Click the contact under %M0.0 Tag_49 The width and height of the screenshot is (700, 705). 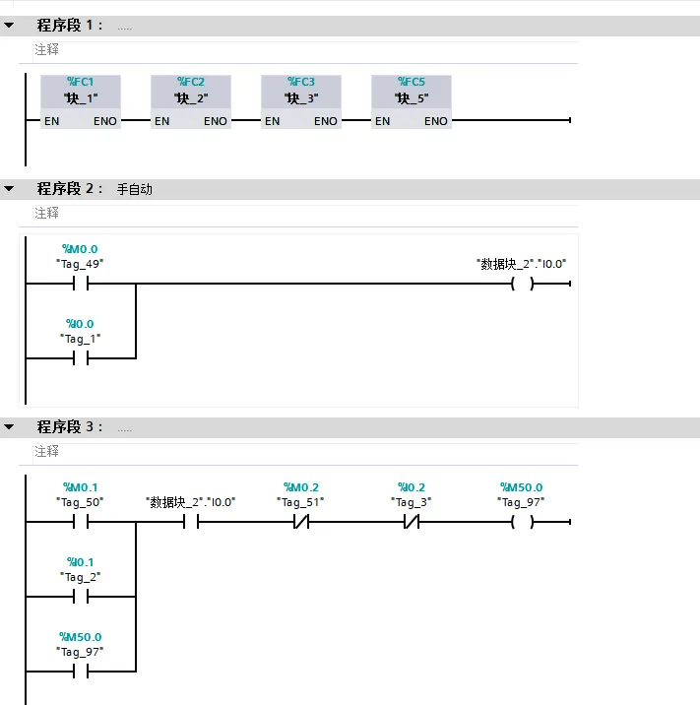pyautogui.click(x=80, y=285)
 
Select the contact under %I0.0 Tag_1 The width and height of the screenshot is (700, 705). pyautogui.click(x=80, y=358)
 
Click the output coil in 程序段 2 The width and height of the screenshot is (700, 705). pyautogui.click(x=522, y=285)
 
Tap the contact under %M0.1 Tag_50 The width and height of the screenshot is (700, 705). pyautogui.click(x=80, y=522)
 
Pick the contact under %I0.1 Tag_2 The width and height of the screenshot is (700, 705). pyautogui.click(x=80, y=597)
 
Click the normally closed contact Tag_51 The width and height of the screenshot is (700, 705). pyautogui.click(x=301, y=522)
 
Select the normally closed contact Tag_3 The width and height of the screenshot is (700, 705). pyautogui.click(x=412, y=522)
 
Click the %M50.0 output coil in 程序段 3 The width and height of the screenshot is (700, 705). pyautogui.click(x=522, y=522)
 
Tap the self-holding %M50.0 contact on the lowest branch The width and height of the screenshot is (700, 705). pyautogui.click(x=80, y=672)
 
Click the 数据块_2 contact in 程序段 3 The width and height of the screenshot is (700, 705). pyautogui.click(x=191, y=522)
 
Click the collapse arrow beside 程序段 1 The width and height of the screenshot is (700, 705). pyautogui.click(x=9, y=26)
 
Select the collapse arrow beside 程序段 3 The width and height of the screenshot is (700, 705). pyautogui.click(x=9, y=427)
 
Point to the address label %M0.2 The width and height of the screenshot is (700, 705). pyautogui.click(x=301, y=487)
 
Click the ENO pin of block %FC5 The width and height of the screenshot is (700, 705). pyautogui.click(x=436, y=121)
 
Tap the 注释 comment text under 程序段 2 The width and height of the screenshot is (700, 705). pyautogui.click(x=47, y=213)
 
